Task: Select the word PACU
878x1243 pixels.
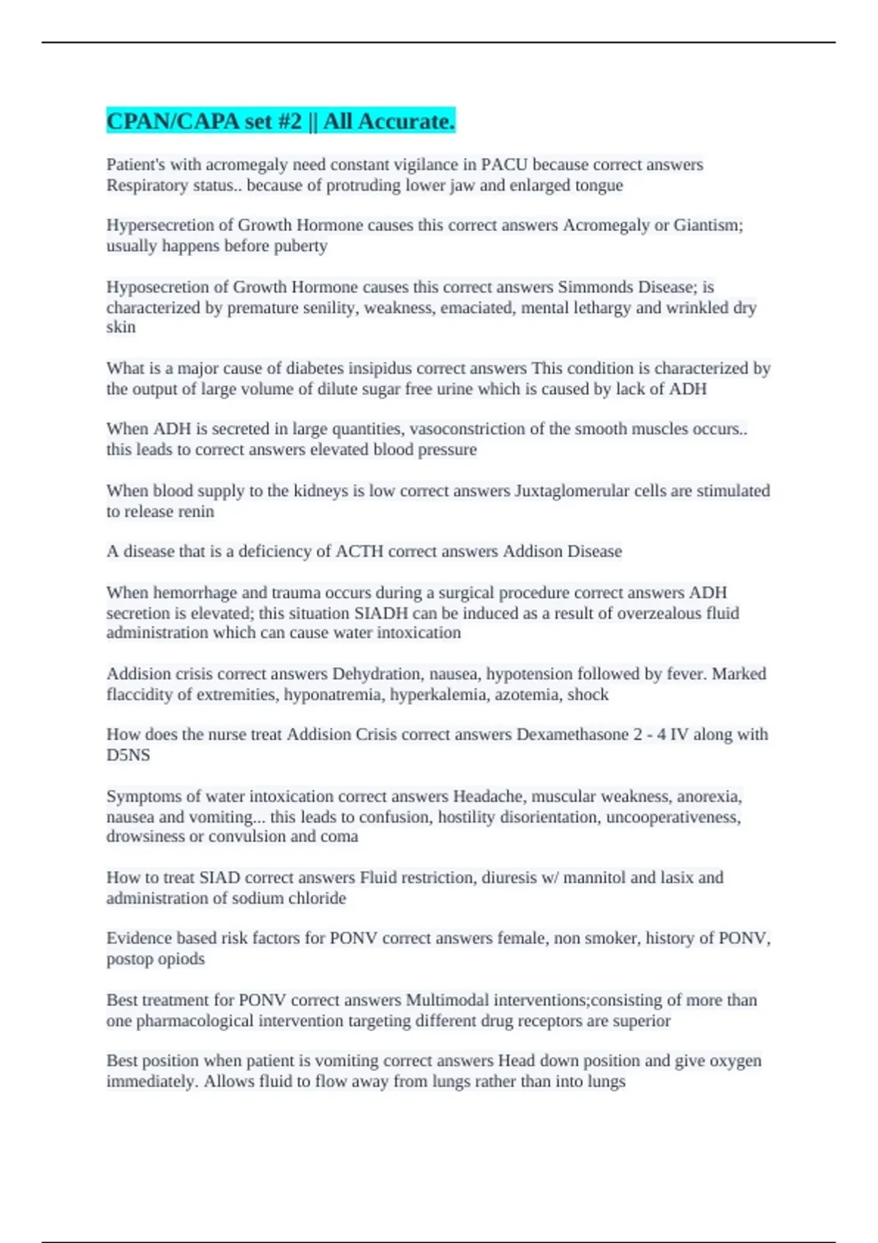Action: click(x=504, y=165)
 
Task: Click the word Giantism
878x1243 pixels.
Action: click(x=708, y=225)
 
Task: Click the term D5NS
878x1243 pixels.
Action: click(x=128, y=755)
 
